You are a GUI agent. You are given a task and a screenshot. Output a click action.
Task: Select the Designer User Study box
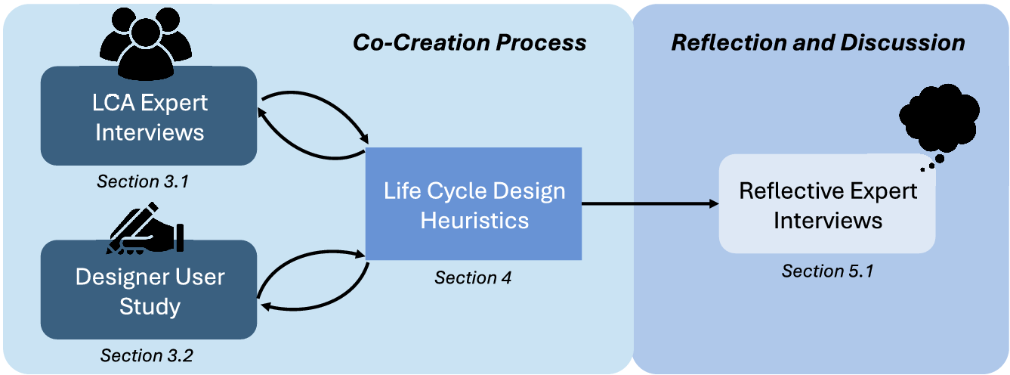pos(149,290)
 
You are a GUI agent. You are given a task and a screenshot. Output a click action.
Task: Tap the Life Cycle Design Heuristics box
pos(474,204)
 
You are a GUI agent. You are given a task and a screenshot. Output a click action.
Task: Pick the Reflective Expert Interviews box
pos(826,204)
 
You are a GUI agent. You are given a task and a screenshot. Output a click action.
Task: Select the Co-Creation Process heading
pos(469,42)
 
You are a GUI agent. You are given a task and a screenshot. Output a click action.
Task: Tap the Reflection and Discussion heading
pos(818,42)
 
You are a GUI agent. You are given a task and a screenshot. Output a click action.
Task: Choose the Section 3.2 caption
pos(147,355)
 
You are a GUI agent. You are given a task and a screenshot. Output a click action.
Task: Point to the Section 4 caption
pos(473,277)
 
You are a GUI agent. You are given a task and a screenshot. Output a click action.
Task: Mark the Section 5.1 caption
pos(827,271)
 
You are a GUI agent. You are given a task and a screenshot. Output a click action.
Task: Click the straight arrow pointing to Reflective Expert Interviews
pos(650,203)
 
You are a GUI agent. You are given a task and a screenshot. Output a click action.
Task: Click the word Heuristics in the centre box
pos(474,220)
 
